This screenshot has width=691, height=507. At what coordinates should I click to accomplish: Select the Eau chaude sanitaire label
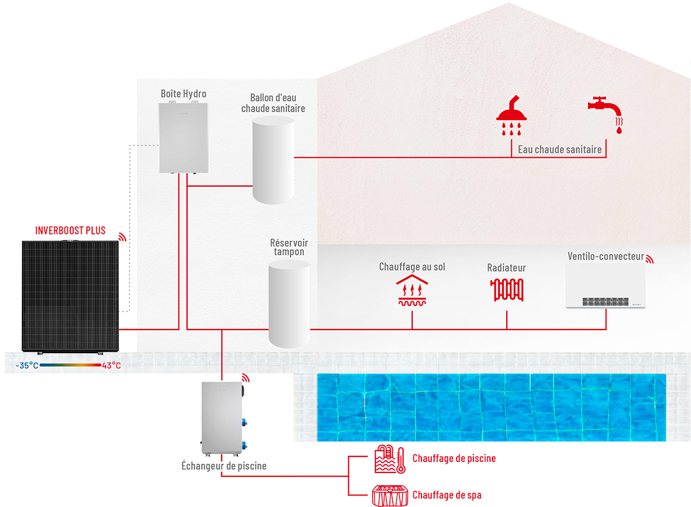coord(560,150)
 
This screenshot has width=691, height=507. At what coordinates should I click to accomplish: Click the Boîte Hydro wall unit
coord(183,137)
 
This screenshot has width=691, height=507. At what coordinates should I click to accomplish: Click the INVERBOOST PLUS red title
coord(70,230)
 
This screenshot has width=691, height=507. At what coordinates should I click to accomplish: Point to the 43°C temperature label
coord(111,366)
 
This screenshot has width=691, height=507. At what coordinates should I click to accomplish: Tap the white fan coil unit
coord(605,286)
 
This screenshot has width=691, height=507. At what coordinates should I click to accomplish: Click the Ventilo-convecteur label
coord(605,256)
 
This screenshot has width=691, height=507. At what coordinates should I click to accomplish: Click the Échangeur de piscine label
coord(224,466)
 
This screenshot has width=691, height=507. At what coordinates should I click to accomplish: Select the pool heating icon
coord(390,459)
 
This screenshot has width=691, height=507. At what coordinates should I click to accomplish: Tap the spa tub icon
coord(390,494)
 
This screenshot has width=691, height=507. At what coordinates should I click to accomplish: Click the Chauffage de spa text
coord(447,495)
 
